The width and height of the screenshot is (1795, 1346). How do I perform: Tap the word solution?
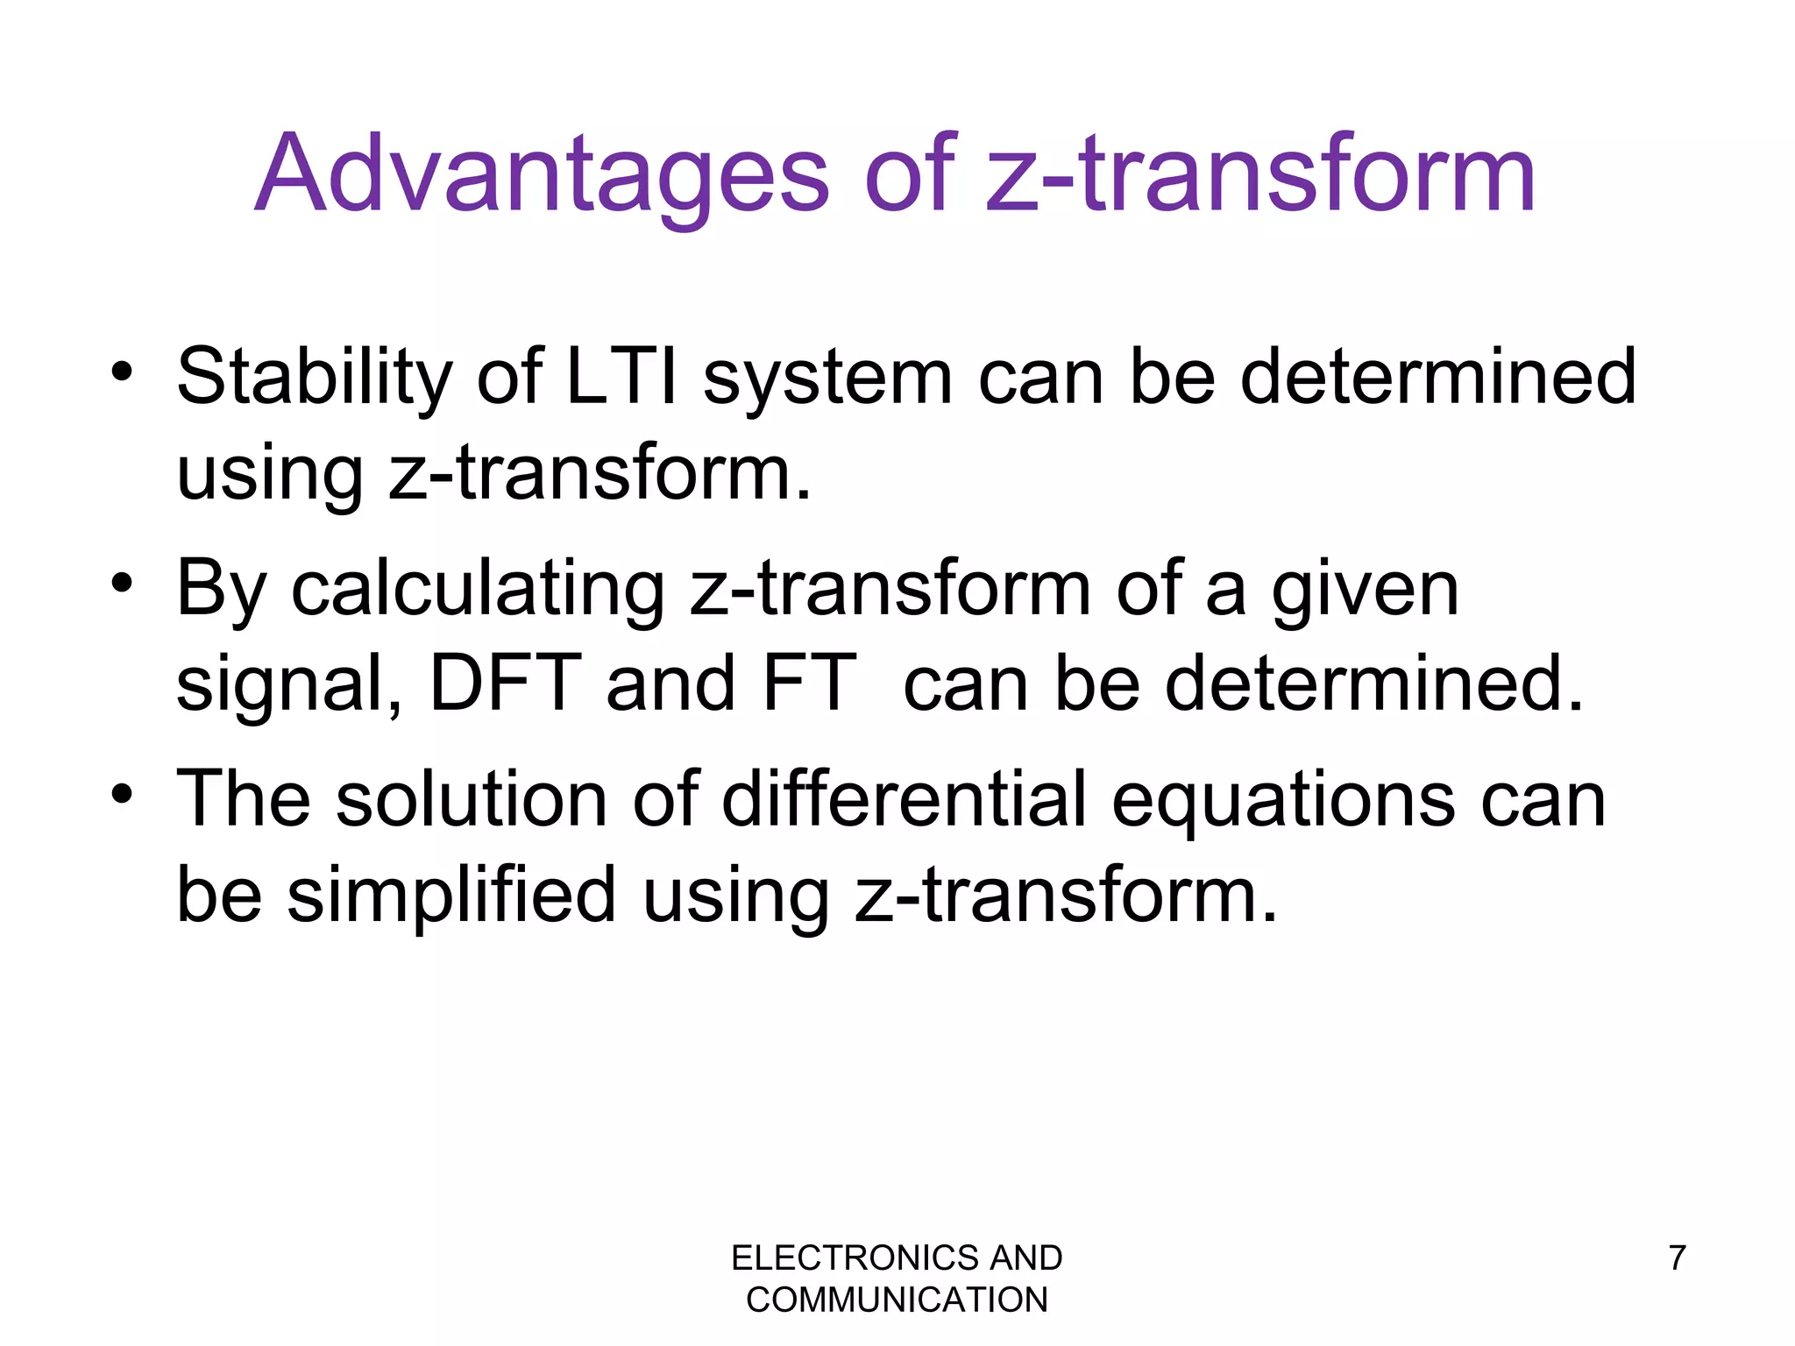[x=472, y=798]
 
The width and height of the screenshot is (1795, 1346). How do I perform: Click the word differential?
[x=904, y=798]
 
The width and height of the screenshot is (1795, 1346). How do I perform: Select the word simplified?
[x=451, y=896]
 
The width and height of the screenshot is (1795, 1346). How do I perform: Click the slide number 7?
[x=1677, y=1258]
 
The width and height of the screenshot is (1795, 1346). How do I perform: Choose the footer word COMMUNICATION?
[x=897, y=1300]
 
